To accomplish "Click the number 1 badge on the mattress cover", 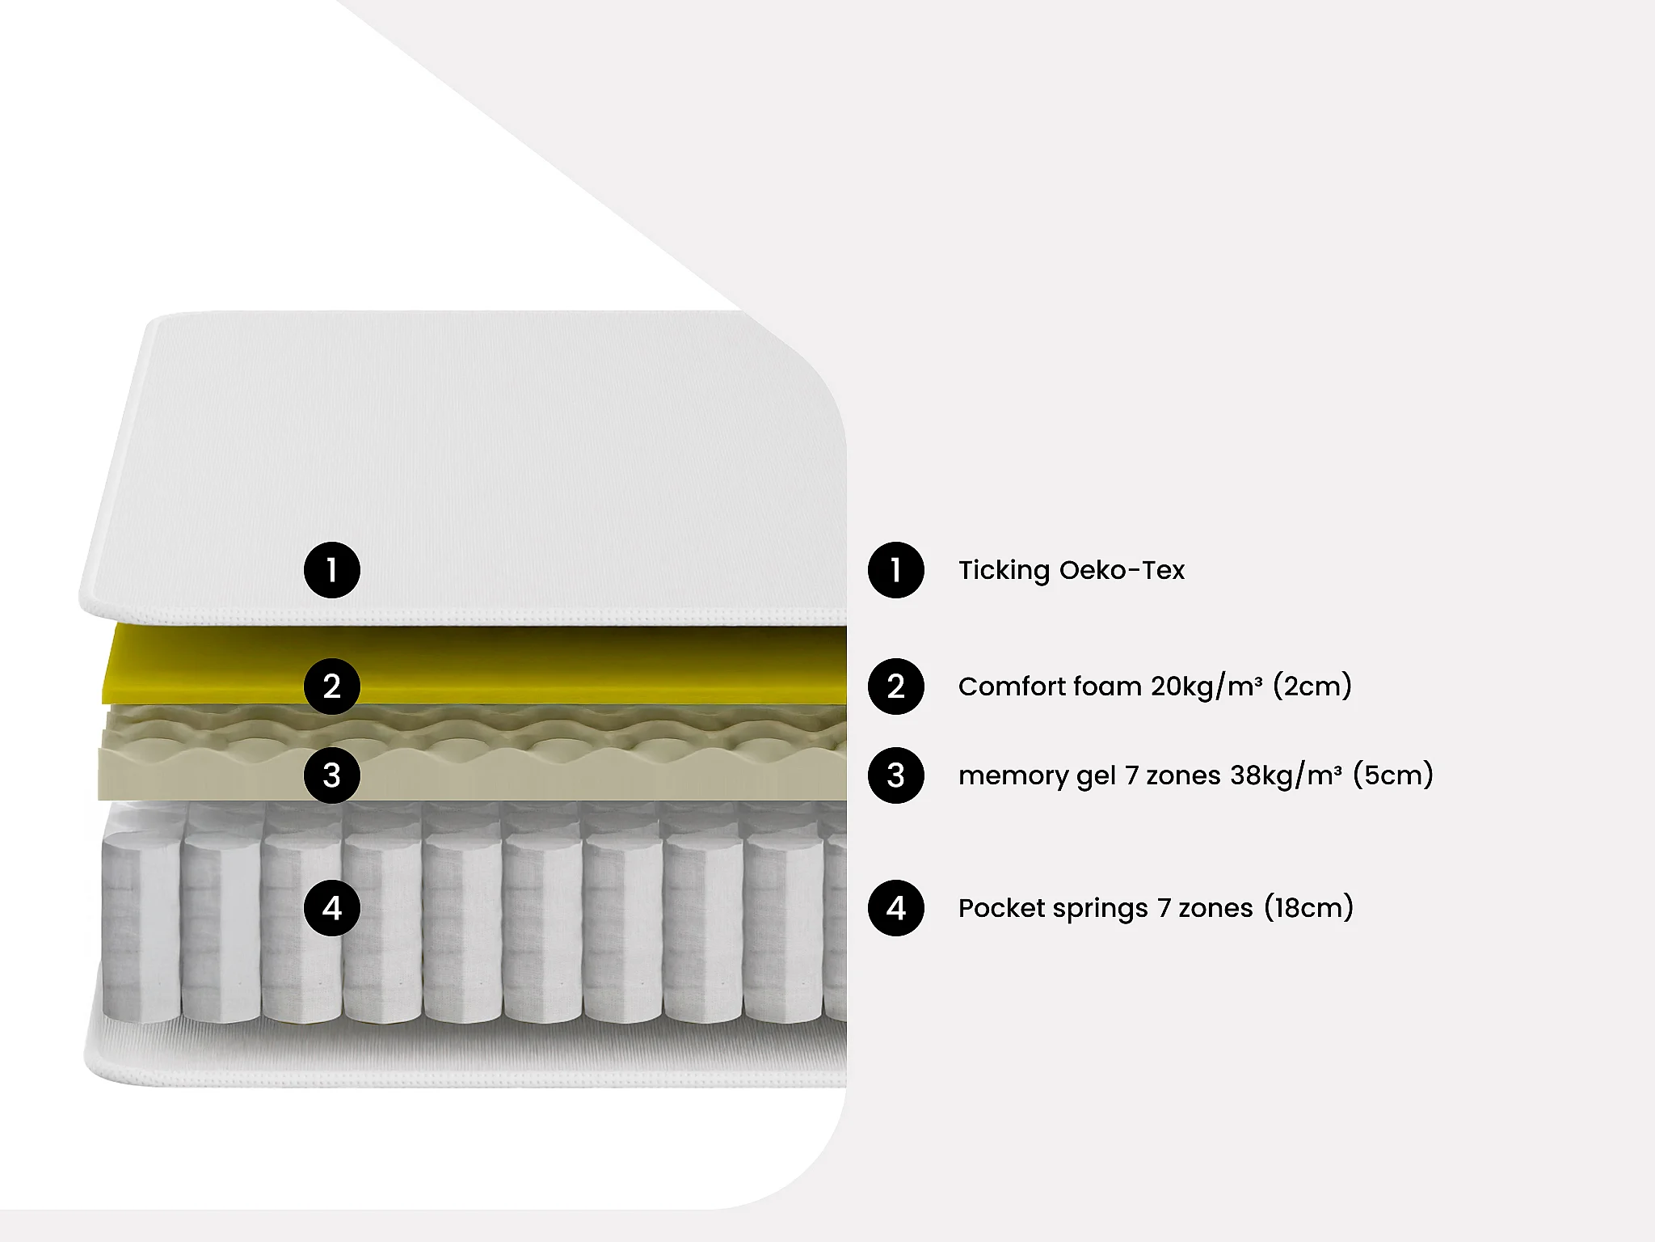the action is (x=331, y=570).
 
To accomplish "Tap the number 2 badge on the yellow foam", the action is (x=331, y=686).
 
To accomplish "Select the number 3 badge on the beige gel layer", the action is (x=331, y=775).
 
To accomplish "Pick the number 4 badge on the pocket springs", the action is (x=331, y=908).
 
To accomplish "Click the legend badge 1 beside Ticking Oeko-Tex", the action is (x=895, y=570).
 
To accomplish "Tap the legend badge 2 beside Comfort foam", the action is (x=895, y=686).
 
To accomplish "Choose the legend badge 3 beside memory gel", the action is (x=895, y=775).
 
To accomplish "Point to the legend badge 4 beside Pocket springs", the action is (x=895, y=908).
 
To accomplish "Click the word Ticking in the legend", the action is (x=1004, y=571).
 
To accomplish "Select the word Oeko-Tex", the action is (x=1122, y=570).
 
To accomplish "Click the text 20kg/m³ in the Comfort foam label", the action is (x=1207, y=686).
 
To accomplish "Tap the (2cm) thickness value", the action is (x=1312, y=686).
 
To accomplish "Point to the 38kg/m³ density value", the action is (x=1286, y=775).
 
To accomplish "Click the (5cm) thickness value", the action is (x=1393, y=775).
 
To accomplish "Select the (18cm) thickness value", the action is (x=1308, y=907).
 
